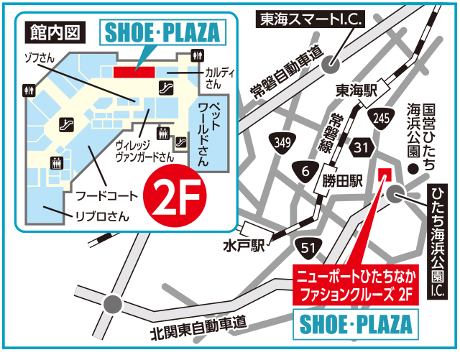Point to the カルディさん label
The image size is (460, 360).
(x=215, y=78)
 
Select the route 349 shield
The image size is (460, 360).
(x=283, y=143)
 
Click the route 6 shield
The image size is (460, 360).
(x=305, y=170)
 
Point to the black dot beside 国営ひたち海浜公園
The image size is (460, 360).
(x=413, y=169)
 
